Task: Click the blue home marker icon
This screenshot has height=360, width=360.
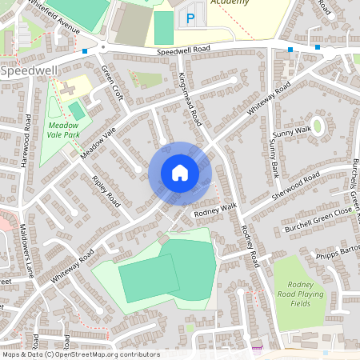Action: (x=180, y=173)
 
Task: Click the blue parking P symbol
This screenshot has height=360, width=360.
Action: (x=190, y=18)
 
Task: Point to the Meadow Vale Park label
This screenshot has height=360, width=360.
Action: (x=63, y=130)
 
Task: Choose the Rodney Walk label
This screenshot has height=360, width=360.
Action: (x=216, y=209)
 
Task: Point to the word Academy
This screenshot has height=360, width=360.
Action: (x=230, y=2)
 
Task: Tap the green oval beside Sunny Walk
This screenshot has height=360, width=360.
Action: (x=318, y=126)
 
